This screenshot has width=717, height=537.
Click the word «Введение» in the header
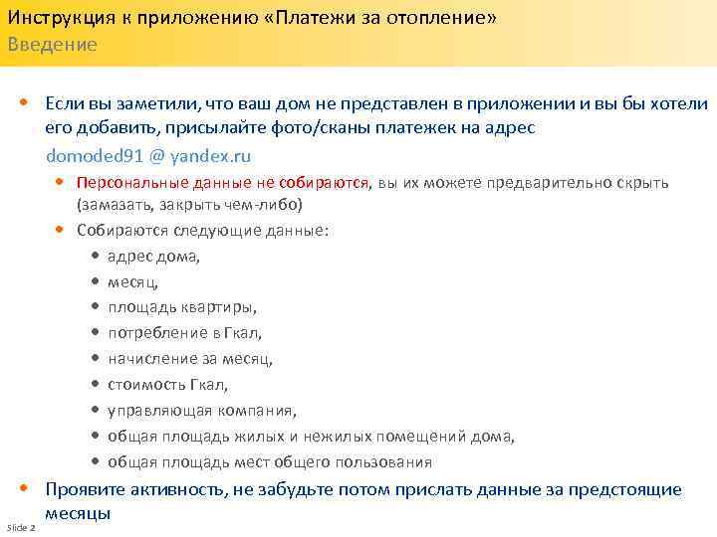tap(53, 45)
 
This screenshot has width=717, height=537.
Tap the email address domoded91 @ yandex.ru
tap(148, 156)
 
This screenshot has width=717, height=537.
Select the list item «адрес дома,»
tap(153, 257)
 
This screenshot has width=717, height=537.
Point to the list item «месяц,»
tap(132, 282)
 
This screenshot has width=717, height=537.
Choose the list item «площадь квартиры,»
tap(181, 307)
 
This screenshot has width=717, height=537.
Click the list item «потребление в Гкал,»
tap(184, 333)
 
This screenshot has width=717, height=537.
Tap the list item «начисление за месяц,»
tap(189, 359)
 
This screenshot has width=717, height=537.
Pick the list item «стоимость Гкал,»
tap(167, 385)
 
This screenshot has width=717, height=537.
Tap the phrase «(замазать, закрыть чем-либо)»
tap(188, 205)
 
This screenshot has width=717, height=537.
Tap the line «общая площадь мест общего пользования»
tap(269, 462)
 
